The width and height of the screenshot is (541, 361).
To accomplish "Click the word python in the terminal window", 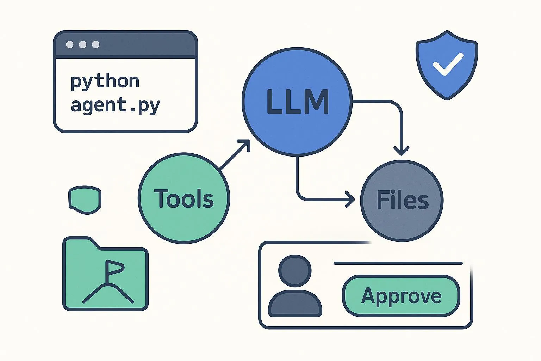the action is pos(105,82).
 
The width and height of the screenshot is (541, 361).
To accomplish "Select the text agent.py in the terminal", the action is pos(115,106).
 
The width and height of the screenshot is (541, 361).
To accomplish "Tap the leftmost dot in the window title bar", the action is pos(70,44).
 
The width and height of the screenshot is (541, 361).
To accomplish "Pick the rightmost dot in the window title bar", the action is pos(96,44).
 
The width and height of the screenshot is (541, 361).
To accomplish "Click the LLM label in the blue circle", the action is pos(298,102).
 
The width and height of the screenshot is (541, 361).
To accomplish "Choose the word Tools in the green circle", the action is pos(184,198).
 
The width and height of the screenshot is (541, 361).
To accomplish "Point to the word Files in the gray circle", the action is pos(403,200).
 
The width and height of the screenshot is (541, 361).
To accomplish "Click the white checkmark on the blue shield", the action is pos(448,64).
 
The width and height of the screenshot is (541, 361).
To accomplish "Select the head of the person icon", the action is pos(295,271).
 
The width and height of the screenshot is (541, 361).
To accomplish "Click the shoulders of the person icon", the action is pos(295,304).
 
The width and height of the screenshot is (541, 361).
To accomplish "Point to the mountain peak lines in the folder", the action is pos(108,294).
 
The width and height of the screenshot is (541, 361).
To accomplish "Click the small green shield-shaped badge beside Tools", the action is pos(85,200).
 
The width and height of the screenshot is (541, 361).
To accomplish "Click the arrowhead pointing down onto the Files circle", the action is pos(402,151).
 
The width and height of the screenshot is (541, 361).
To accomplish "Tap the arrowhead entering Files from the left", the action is pos(350,200).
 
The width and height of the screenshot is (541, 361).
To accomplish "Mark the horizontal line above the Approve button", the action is pos(398,263).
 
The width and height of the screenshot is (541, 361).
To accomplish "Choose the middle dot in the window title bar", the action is pos(83,44).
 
